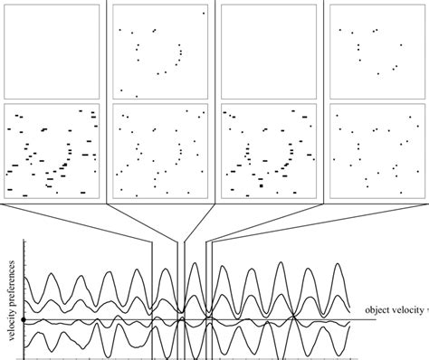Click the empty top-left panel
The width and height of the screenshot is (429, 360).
(52, 51)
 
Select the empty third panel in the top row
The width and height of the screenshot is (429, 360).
(269, 51)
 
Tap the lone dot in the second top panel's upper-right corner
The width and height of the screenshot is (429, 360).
(204, 14)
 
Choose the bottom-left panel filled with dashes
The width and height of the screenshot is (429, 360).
(52, 150)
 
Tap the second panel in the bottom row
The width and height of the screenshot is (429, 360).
(161, 150)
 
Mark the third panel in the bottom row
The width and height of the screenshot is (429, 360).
(269, 150)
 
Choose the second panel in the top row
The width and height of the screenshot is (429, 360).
(161, 51)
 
